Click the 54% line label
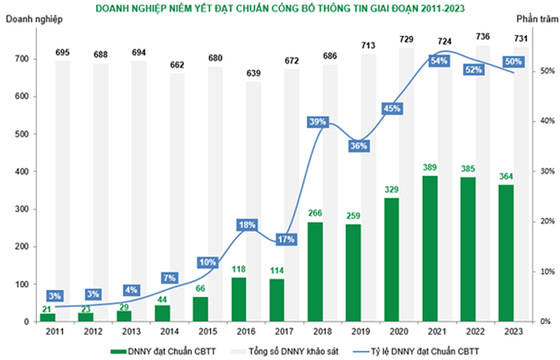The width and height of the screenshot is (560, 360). [x=440, y=60]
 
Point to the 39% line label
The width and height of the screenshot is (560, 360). [x=317, y=121]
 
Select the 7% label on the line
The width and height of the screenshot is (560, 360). [x=171, y=277]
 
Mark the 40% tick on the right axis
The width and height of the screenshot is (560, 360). [x=532, y=121]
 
